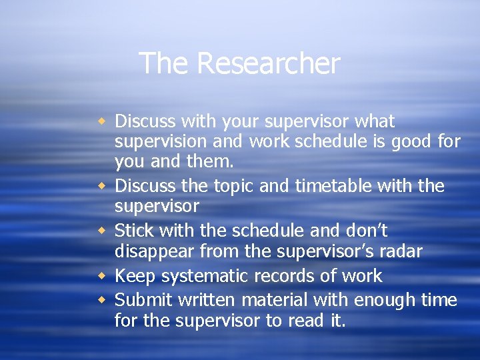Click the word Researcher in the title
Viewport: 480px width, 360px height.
click(268, 64)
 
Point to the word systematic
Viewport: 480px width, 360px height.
click(202, 276)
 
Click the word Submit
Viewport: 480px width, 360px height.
click(141, 301)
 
